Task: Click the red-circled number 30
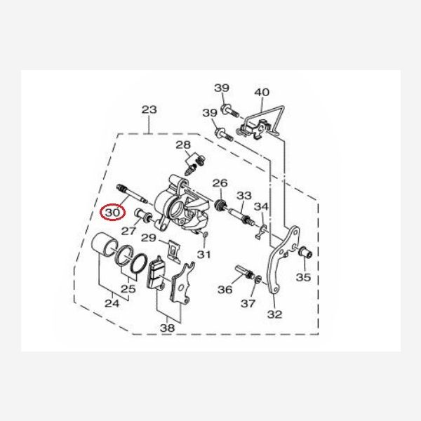(x=112, y=213)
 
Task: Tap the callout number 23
(x=149, y=109)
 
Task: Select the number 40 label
(x=262, y=93)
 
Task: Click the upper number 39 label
(x=222, y=88)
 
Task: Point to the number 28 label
(x=183, y=145)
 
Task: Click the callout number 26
(x=220, y=183)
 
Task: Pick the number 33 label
(x=243, y=196)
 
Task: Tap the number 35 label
(x=303, y=277)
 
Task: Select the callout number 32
(x=274, y=314)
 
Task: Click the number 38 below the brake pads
(x=167, y=328)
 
